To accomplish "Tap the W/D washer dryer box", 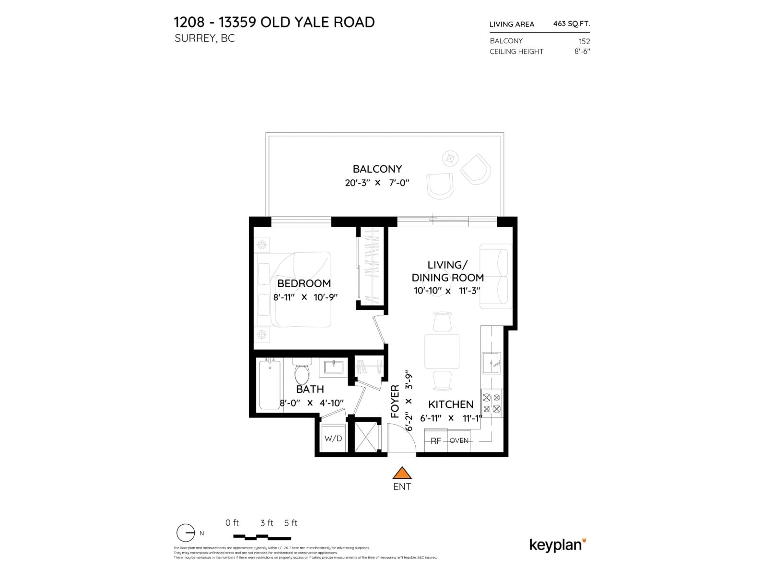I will pos(333,438).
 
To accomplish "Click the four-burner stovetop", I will pos(491,403).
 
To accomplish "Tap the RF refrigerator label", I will pos(435,441).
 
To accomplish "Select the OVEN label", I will pos(459,440).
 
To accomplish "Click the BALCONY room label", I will pos(377,169).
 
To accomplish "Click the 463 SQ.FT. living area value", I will pos(571,24).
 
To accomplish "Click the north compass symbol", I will pos(186,533).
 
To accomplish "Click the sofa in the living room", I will pos(495,276).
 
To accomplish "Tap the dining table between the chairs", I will pos(442,351).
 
